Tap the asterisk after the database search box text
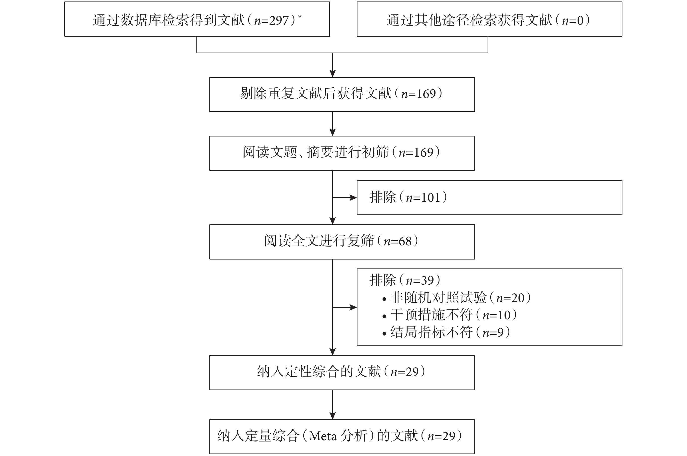tap(300, 17)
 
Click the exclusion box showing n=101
tap(489, 197)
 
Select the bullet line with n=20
tap(456, 298)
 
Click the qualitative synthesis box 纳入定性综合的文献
tap(342, 373)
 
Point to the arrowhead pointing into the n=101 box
tap(353, 198)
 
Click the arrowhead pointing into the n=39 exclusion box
tap(353, 307)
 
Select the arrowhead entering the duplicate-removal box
tap(333, 73)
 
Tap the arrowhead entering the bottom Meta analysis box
tap(333, 416)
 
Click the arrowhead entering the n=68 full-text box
tap(333, 221)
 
